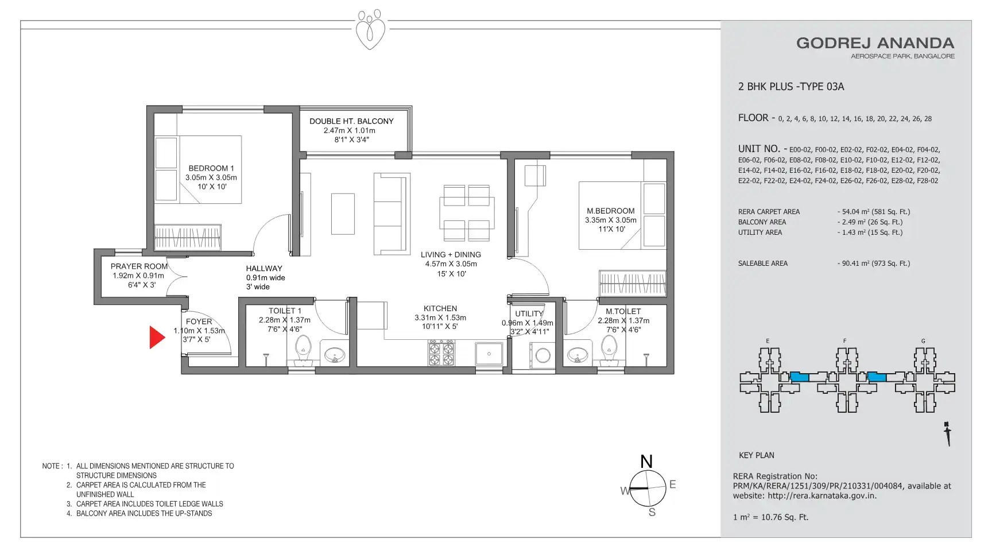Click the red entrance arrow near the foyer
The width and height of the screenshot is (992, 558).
[156, 338]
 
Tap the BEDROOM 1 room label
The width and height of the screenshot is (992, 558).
[211, 168]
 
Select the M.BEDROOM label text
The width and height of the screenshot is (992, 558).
[611, 211]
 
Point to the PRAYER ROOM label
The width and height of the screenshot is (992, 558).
[139, 266]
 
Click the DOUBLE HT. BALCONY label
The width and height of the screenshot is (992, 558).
[351, 121]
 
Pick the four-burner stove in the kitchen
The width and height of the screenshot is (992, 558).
[441, 352]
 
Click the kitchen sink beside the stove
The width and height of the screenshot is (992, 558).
[489, 354]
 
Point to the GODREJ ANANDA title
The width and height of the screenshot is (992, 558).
[875, 43]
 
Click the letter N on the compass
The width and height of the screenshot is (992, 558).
[646, 462]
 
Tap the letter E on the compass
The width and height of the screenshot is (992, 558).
[672, 485]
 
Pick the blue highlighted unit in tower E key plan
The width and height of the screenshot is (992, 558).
[800, 377]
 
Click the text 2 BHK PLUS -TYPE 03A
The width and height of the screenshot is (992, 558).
[791, 87]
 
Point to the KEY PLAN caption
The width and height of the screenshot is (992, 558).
[757, 455]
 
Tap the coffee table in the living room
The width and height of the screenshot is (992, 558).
[343, 214]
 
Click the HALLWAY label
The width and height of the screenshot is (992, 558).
[264, 268]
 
